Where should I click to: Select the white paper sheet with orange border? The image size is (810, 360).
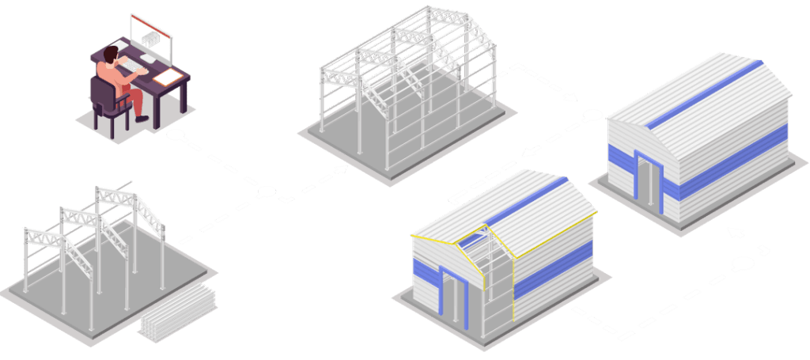pos(167,77)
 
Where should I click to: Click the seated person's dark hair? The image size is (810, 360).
pos(110,53)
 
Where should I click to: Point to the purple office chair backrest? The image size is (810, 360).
pos(102,94)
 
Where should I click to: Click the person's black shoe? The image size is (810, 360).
pos(142,118)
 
